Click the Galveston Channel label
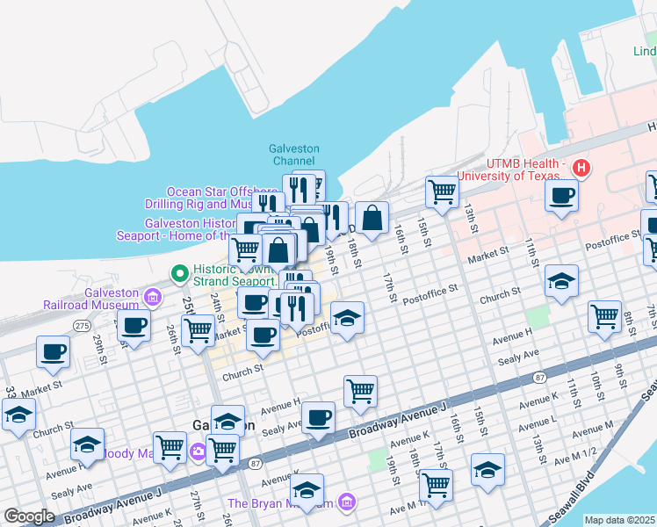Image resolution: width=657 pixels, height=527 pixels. [x=294, y=155]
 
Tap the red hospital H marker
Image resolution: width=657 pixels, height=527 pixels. [x=581, y=167]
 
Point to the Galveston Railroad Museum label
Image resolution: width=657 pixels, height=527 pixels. [x=92, y=299]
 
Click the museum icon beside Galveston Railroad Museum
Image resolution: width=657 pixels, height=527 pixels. [x=153, y=298]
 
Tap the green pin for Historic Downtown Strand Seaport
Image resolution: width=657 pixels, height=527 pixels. [x=180, y=274]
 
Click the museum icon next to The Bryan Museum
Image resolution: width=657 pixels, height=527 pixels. [x=347, y=502]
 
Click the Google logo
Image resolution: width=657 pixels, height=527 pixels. [x=29, y=516]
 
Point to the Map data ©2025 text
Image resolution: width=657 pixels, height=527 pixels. [x=618, y=520]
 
